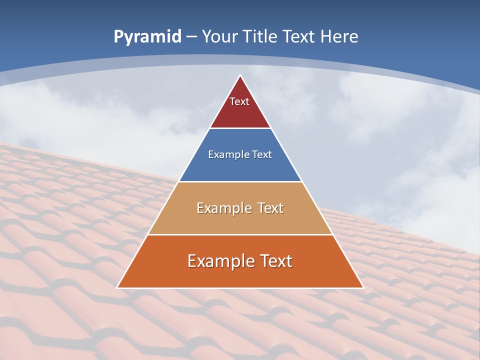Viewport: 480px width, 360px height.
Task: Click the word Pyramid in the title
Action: (147, 37)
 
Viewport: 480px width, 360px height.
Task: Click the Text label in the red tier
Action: (239, 101)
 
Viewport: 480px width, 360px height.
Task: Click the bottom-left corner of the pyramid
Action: (117, 287)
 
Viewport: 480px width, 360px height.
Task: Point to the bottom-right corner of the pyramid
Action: (363, 287)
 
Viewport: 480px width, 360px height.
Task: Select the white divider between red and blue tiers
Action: (240, 128)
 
